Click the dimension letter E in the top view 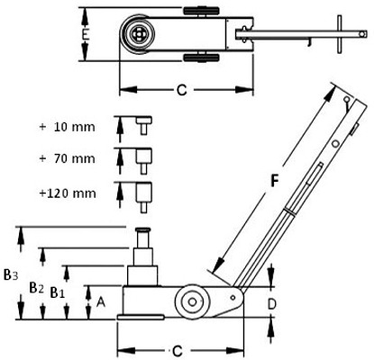coord(86,34)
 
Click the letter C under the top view coord(181,90)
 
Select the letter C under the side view coord(178,351)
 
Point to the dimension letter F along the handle coord(274,181)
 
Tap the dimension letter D coord(271,305)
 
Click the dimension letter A coord(101,301)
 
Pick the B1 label coord(58,292)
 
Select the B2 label coord(36,288)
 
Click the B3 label coord(11,274)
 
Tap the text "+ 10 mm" coord(67,127)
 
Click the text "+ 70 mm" coord(67,158)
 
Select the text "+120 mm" coord(68,193)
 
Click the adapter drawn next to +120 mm coord(144,197)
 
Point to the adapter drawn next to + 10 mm coord(144,125)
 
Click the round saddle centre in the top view coord(139,34)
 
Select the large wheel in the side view coord(192,301)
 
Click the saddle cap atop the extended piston coord(143,229)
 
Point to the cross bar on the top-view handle coord(340,34)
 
